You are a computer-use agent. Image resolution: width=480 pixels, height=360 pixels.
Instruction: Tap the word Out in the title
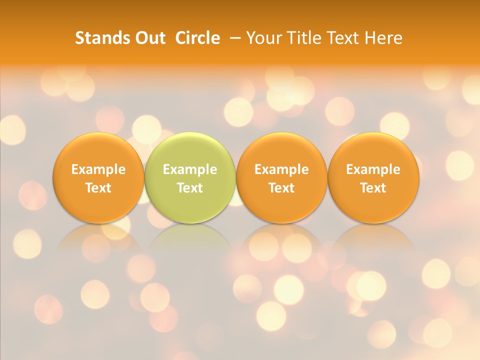149,38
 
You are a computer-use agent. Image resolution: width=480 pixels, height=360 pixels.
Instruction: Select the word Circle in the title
197,38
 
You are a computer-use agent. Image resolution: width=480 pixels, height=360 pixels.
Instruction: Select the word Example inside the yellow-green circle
190,169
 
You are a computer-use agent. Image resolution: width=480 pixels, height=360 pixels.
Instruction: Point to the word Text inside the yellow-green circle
190,188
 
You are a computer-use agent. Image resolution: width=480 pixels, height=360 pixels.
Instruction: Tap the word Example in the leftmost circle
98,169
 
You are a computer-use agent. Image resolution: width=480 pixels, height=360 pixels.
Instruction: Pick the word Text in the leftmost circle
98,188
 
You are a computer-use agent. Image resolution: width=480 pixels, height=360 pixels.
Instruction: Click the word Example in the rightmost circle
373,169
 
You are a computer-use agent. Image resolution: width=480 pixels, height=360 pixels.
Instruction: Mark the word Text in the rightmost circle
373,188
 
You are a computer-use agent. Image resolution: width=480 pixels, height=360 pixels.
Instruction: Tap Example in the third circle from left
281,169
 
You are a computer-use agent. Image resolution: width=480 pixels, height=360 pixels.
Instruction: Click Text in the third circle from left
281,188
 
